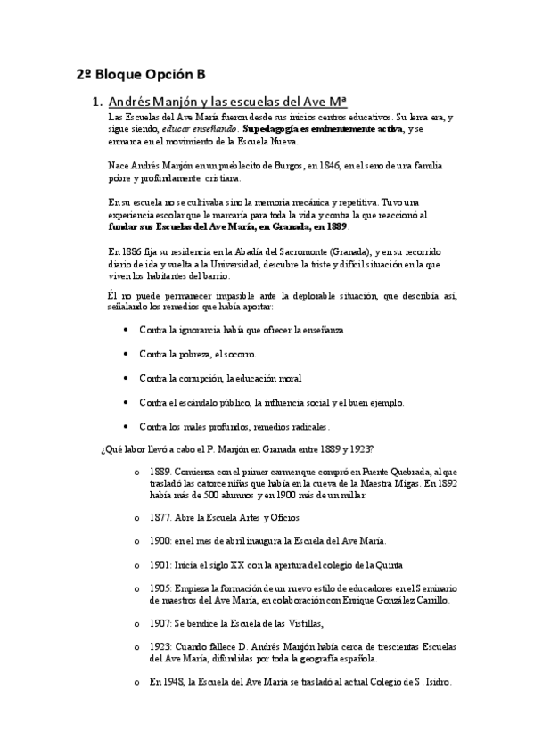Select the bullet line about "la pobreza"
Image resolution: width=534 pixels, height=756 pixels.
tap(197, 353)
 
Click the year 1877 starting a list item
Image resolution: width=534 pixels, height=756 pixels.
tap(160, 517)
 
